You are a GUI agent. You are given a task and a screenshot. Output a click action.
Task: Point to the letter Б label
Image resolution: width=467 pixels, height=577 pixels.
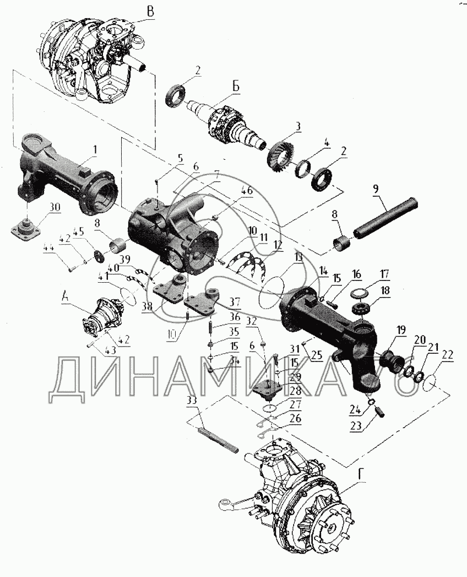pos(236,85)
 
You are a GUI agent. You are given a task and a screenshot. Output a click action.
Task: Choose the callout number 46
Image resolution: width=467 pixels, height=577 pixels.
pos(247,191)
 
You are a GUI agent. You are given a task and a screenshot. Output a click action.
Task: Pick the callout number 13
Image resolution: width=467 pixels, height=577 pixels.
pos(299,257)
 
